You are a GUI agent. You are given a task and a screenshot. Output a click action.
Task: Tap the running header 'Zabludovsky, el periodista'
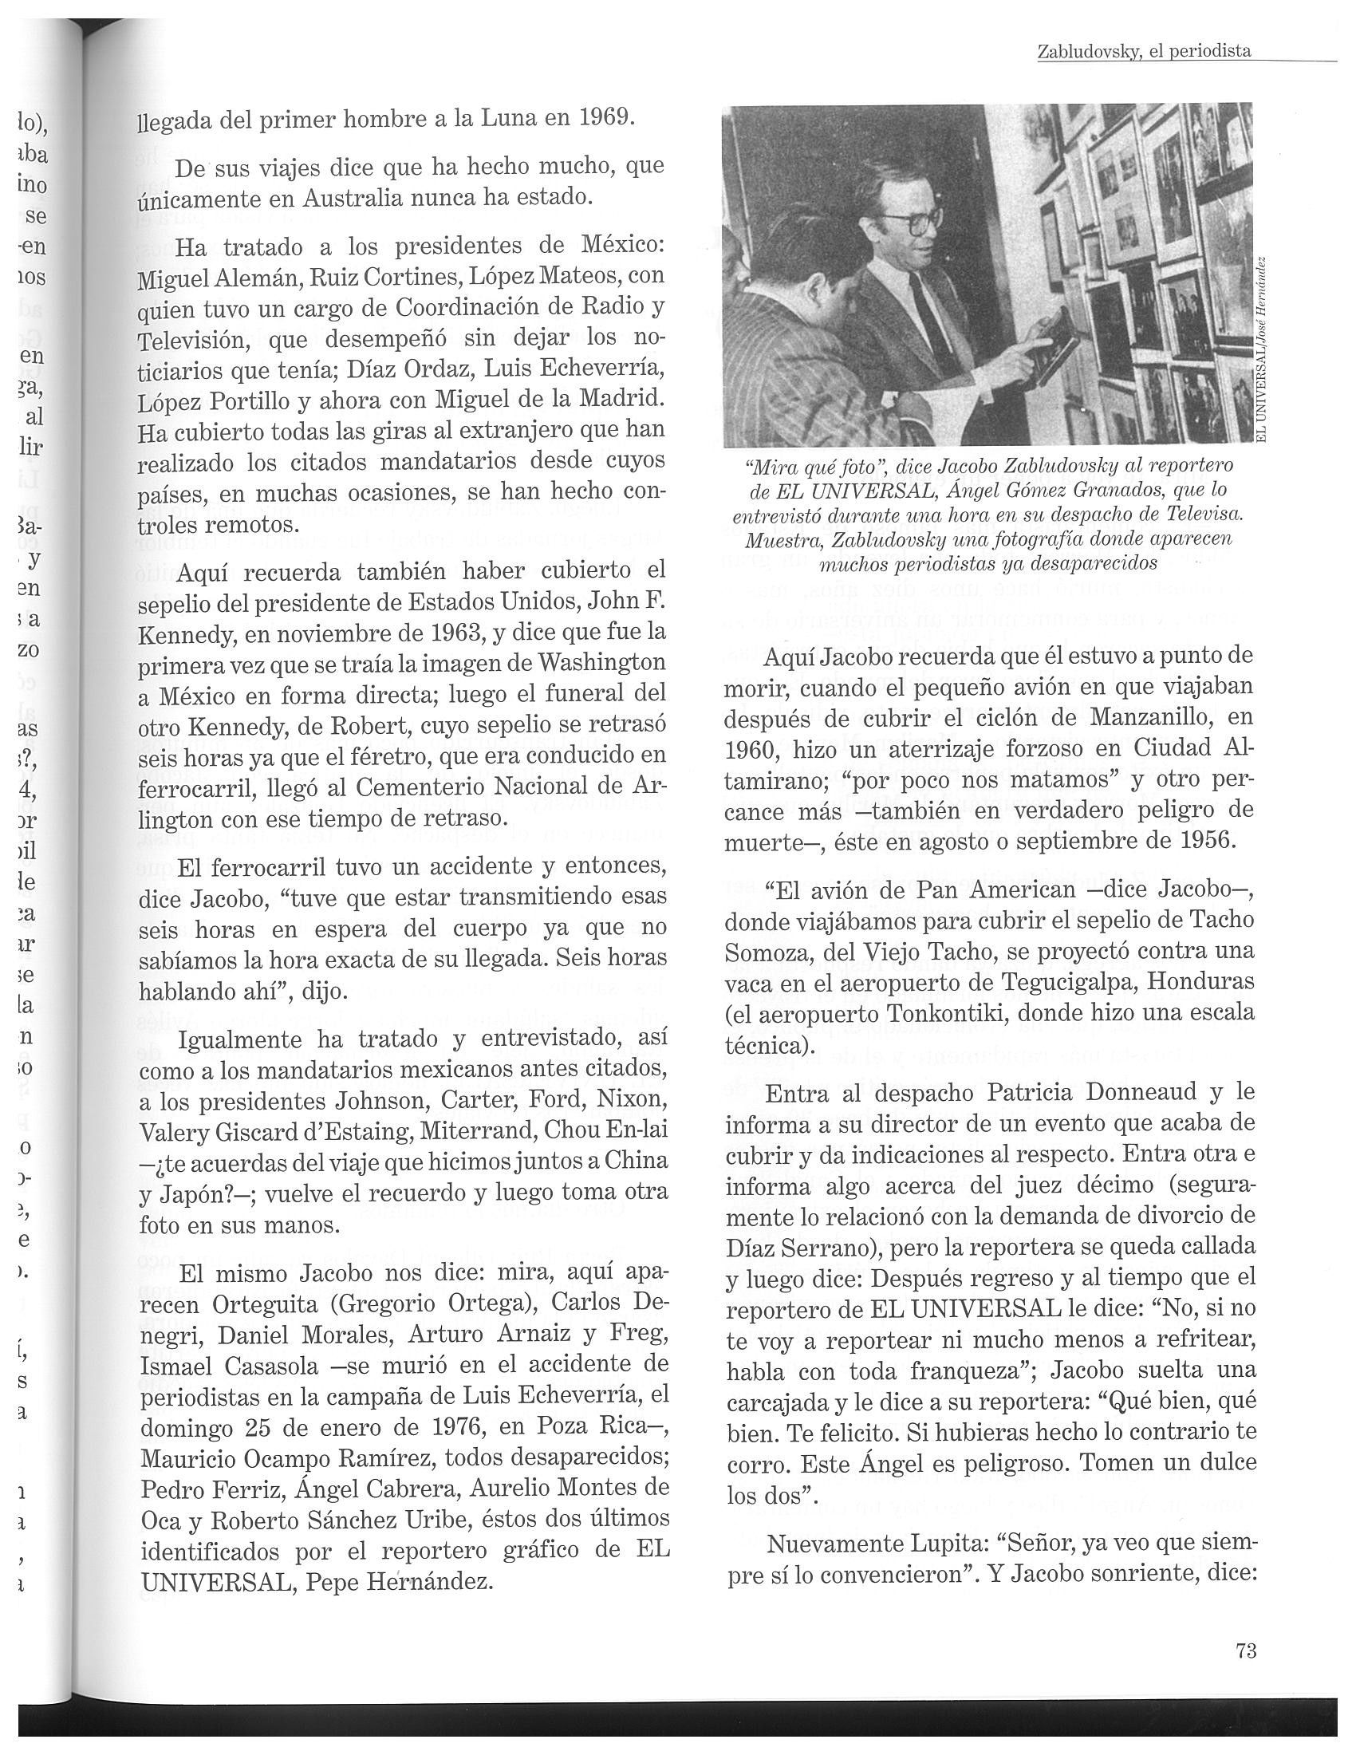(1144, 51)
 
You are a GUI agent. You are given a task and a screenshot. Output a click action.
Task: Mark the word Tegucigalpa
(1062, 983)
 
